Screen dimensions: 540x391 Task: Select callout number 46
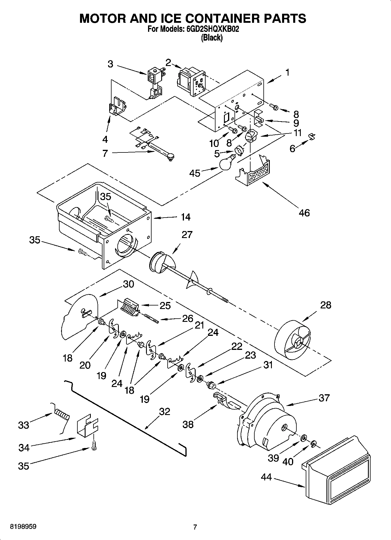304,213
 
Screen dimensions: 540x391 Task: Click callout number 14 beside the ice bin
185,217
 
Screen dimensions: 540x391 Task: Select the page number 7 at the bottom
195,527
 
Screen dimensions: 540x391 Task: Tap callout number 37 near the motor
324,397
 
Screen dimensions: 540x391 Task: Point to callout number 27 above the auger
187,234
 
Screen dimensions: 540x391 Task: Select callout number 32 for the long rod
164,411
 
